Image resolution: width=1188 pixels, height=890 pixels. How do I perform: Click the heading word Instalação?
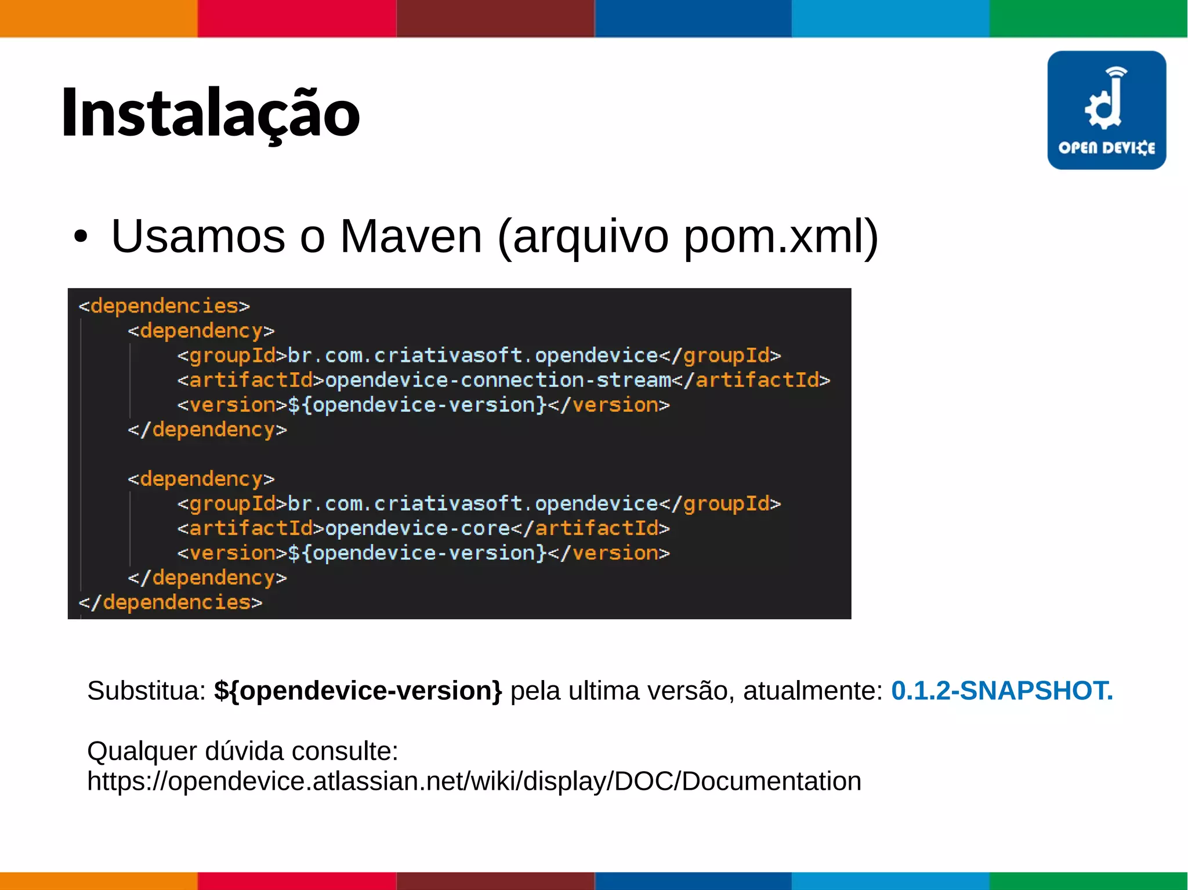(x=210, y=113)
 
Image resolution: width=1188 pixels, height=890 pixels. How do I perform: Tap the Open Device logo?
(x=1106, y=110)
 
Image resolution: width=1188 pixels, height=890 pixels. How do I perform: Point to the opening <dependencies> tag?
(x=164, y=306)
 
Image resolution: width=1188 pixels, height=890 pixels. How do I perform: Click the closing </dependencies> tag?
(x=171, y=602)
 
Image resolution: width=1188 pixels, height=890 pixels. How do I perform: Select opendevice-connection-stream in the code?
(x=498, y=380)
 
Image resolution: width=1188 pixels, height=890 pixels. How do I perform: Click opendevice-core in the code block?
(x=418, y=528)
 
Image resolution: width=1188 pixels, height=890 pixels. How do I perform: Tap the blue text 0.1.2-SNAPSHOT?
(x=1002, y=691)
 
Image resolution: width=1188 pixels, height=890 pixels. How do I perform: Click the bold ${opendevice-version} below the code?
(x=358, y=691)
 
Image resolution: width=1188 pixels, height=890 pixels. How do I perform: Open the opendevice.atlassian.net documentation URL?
(x=474, y=781)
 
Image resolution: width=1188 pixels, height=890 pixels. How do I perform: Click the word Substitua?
(x=147, y=691)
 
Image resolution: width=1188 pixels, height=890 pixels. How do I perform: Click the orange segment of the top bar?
(x=99, y=19)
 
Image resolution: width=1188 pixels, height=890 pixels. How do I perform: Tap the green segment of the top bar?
(x=1088, y=19)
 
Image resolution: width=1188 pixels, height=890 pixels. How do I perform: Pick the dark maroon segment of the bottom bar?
(x=495, y=881)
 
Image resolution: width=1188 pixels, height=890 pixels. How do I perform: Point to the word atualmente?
(x=813, y=691)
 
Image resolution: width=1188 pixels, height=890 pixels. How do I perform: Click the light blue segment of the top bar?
(x=890, y=19)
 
